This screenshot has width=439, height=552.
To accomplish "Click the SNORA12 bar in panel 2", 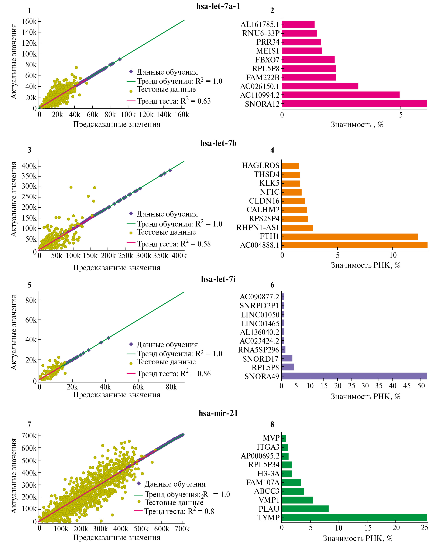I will click(x=354, y=104).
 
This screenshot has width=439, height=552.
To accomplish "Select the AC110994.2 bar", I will click(x=340, y=95).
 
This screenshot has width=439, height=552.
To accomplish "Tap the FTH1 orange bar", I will click(x=349, y=236).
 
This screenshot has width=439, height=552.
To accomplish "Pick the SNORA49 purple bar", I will click(x=354, y=376).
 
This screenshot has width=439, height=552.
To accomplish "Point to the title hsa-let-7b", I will click(x=218, y=143).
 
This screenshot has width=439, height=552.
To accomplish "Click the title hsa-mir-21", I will click(x=218, y=413).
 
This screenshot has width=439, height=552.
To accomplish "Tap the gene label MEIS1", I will click(x=268, y=51).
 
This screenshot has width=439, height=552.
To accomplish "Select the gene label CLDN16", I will click(x=264, y=201).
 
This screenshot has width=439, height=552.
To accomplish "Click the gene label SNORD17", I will click(x=260, y=359).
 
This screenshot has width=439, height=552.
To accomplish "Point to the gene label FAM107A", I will click(x=263, y=483).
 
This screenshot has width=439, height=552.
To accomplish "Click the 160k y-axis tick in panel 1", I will click(x=29, y=21).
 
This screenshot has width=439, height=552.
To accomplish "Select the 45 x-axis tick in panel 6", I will click(x=407, y=386).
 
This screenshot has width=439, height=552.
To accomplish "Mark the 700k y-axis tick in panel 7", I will click(x=29, y=436).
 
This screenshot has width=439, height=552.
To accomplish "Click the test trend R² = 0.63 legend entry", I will click(x=169, y=101).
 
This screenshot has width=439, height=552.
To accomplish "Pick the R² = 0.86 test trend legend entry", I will click(x=169, y=374).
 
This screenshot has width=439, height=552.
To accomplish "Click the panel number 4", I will click(x=272, y=150).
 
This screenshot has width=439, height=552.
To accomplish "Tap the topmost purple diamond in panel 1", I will click(x=120, y=59).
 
